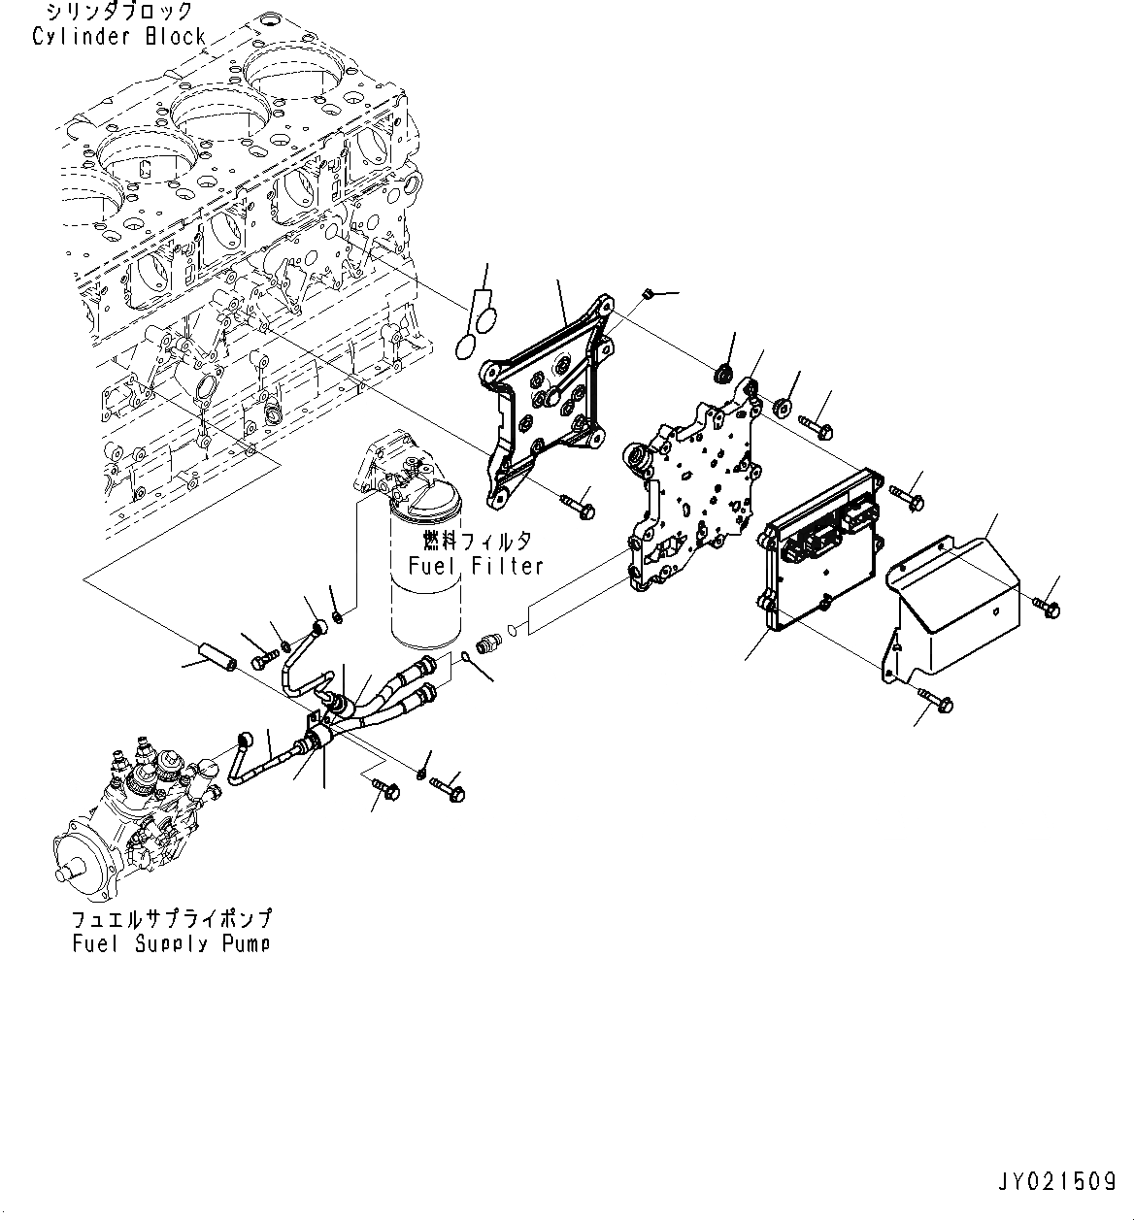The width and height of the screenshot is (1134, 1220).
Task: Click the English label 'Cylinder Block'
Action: [118, 37]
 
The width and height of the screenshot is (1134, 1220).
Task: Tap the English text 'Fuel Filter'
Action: [475, 566]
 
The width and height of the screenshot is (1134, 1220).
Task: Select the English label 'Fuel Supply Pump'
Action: [171, 942]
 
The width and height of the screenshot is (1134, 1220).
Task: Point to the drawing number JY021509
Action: [1054, 1182]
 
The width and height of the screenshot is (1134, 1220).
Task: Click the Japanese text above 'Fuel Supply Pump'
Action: [171, 918]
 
